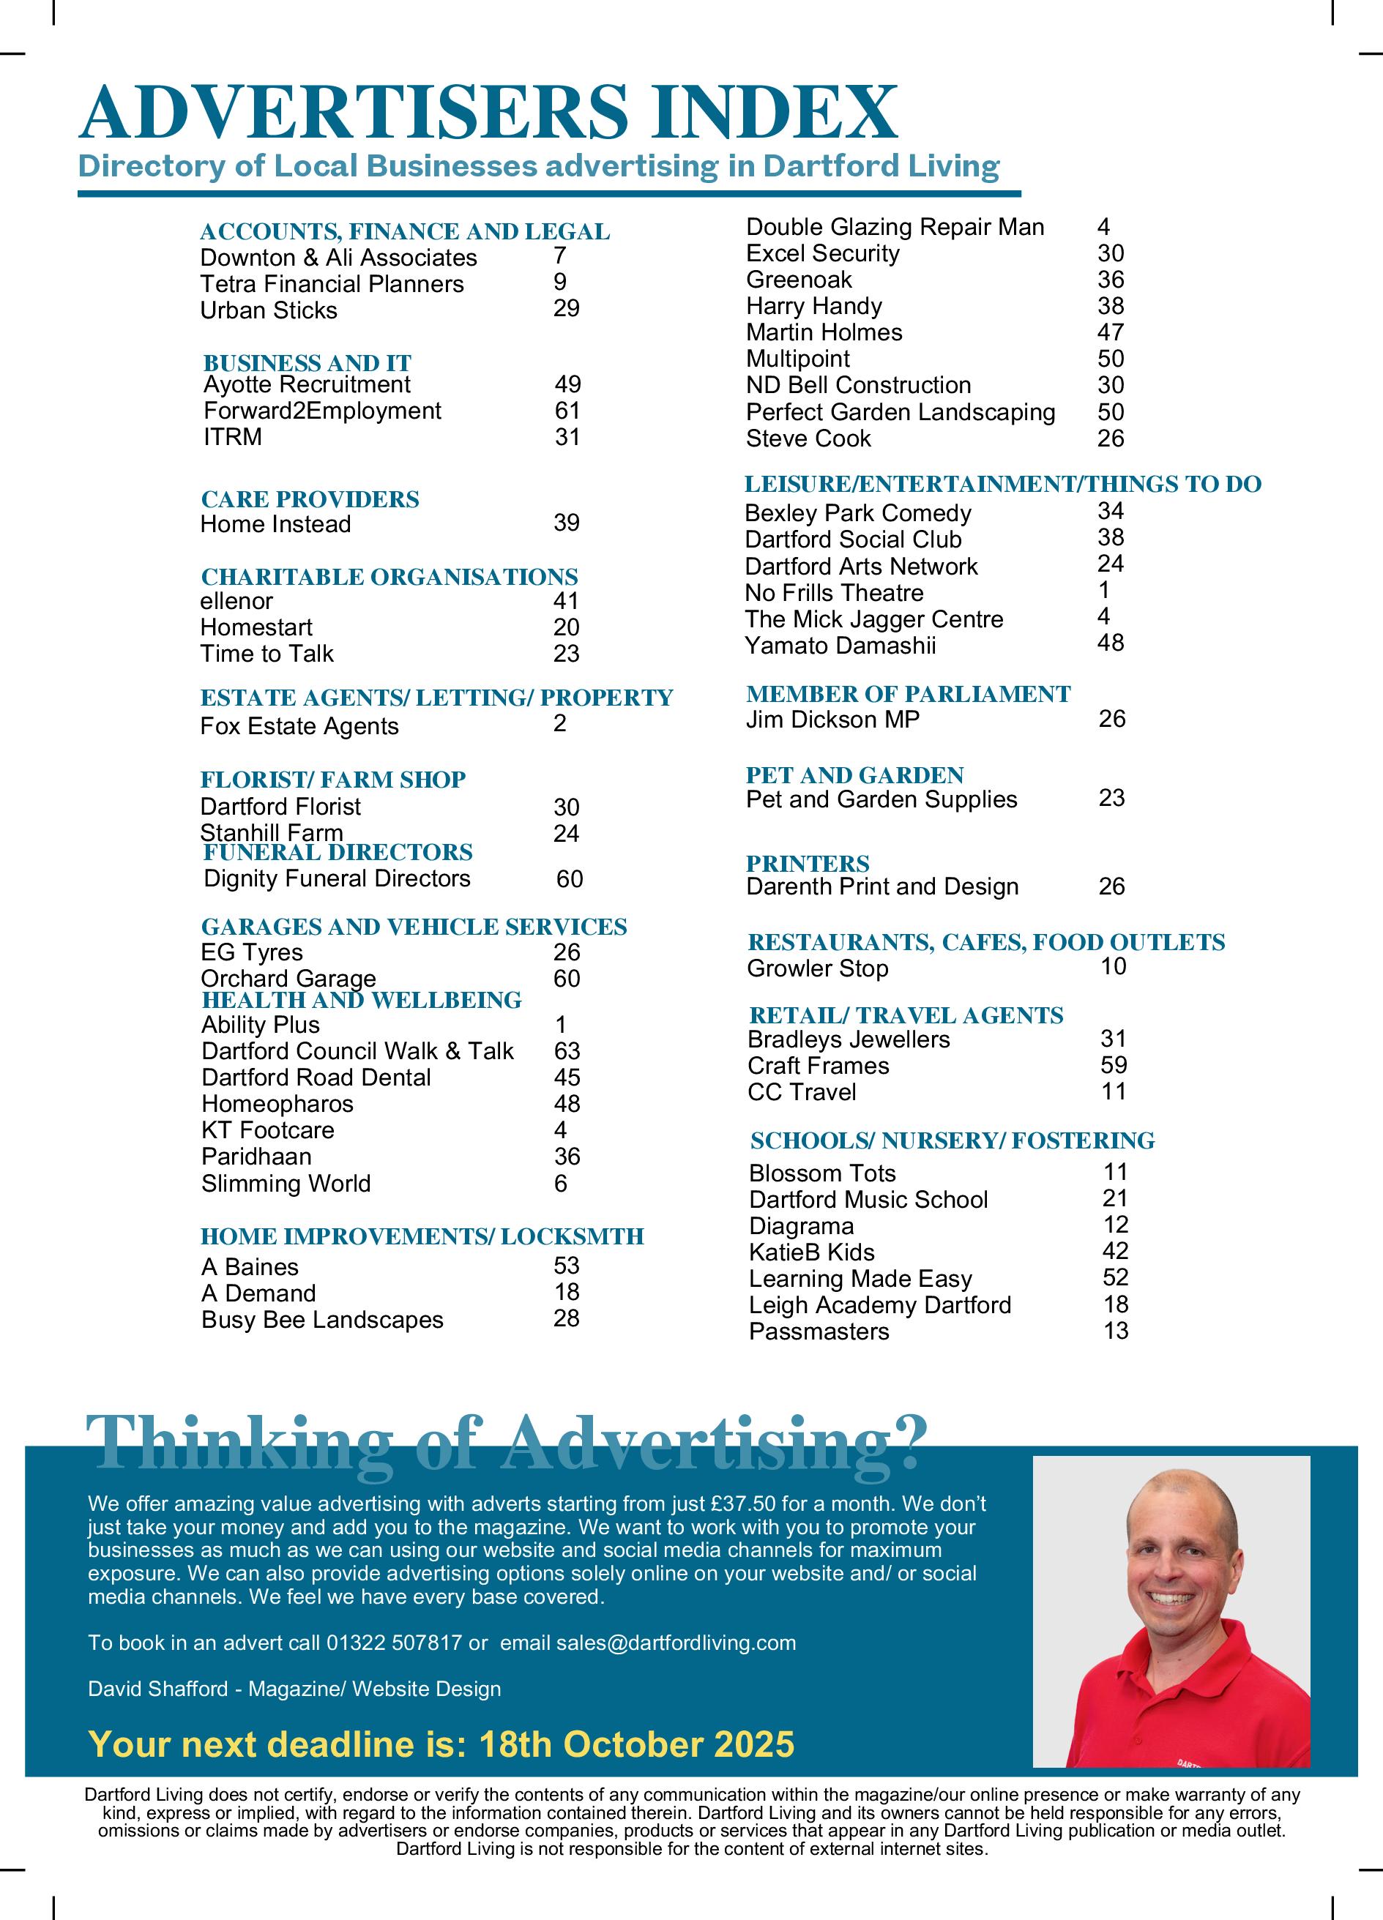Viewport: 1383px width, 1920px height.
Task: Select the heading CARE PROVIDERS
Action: tap(310, 498)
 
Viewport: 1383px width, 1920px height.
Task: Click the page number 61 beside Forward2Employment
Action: tap(567, 411)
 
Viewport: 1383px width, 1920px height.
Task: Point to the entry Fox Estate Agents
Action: tap(299, 726)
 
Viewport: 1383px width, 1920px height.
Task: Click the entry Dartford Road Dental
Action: tap(316, 1077)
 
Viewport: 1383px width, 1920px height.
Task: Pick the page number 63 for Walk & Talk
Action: tap(567, 1050)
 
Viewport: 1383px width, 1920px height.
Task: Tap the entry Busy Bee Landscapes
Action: tap(322, 1320)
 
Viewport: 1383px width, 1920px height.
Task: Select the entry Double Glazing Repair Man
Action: tap(895, 227)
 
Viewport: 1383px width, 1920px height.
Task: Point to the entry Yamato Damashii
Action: tap(840, 646)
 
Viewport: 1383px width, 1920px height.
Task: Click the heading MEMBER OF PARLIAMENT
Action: tap(908, 694)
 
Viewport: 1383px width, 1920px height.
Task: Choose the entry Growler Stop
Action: tap(817, 968)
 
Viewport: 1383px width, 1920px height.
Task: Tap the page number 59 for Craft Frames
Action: tap(1114, 1065)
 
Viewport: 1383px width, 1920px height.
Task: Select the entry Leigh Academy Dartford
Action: tap(879, 1304)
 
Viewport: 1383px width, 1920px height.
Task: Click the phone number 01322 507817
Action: tap(394, 1643)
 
